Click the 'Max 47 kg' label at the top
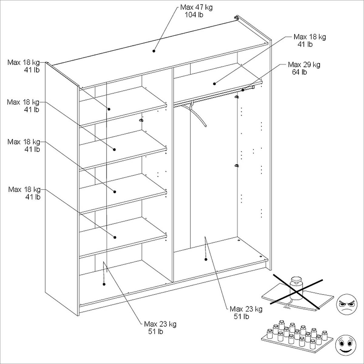pyautogui.click(x=196, y=7)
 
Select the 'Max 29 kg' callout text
pyautogui.click(x=304, y=65)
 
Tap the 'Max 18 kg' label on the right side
pyautogui.click(x=309, y=37)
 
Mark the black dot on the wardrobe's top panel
pyautogui.click(x=154, y=51)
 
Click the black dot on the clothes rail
pyautogui.click(x=243, y=90)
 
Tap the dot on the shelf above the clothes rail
pyautogui.click(x=214, y=83)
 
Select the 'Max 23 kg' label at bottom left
pyautogui.click(x=160, y=324)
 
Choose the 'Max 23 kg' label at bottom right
pyautogui.click(x=246, y=309)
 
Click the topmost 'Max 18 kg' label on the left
pyautogui.click(x=24, y=63)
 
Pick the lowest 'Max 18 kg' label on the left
pyautogui.click(x=24, y=190)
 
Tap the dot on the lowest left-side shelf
pyautogui.click(x=115, y=237)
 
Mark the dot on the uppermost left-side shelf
pyautogui.click(x=108, y=109)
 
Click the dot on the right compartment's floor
pyautogui.click(x=206, y=259)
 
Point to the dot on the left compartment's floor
pyautogui.click(x=104, y=284)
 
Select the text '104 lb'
pyautogui.click(x=194, y=15)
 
